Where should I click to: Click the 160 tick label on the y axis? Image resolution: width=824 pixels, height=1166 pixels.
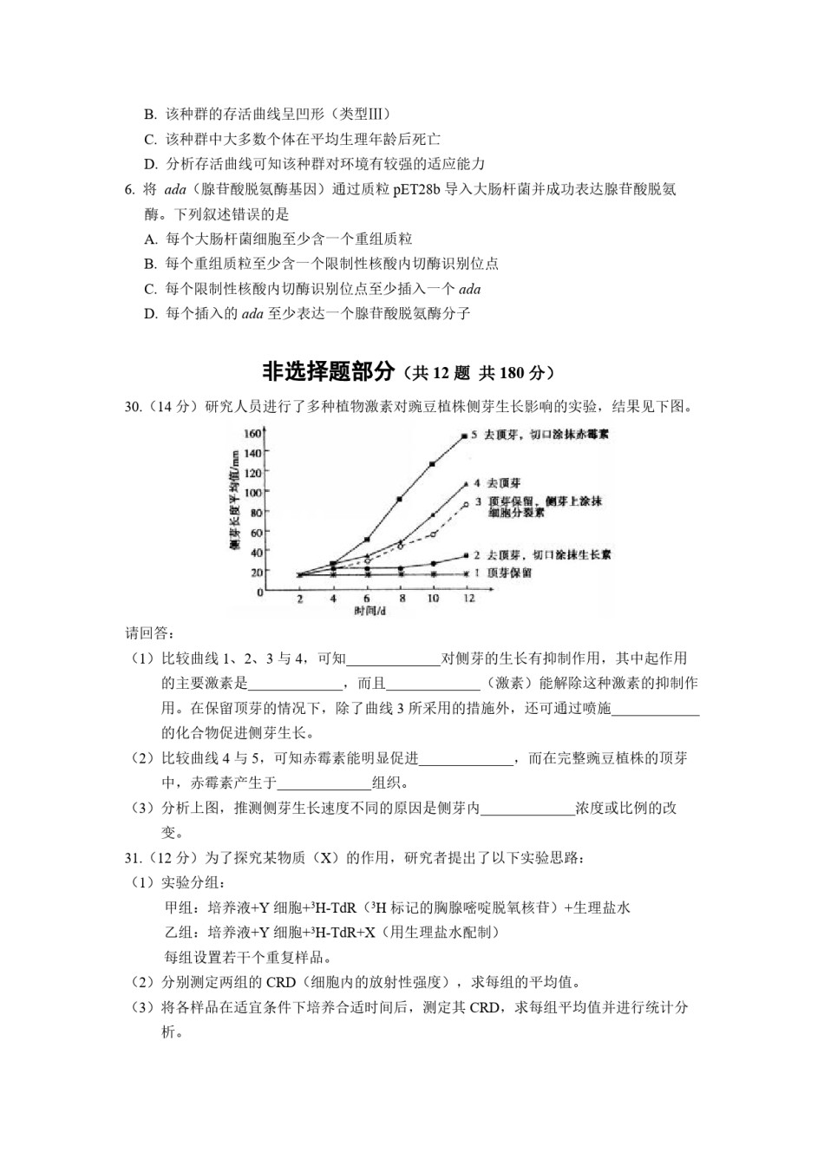[x=252, y=433]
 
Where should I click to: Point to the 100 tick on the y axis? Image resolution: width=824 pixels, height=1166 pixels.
[x=252, y=492]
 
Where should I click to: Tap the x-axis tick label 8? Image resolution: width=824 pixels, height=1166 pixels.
[x=402, y=599]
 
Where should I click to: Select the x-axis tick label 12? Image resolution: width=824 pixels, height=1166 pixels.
[x=468, y=599]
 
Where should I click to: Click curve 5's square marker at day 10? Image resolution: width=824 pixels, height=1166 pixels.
[x=432, y=464]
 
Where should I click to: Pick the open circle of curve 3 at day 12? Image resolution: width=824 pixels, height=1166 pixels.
[x=466, y=504]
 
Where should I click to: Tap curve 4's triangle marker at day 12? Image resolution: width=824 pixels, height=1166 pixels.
[x=466, y=483]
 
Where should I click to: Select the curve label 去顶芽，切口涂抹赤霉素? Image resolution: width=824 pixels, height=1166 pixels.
[x=546, y=434]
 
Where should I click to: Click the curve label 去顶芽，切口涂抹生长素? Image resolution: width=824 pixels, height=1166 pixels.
[x=548, y=554]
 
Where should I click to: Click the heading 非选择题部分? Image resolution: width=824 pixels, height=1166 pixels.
[x=329, y=372]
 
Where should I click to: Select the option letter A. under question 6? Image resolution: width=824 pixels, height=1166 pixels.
[x=151, y=239]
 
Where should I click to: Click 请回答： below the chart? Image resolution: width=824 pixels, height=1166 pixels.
[x=150, y=632]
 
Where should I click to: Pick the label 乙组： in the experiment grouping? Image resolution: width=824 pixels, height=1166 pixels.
[x=180, y=933]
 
